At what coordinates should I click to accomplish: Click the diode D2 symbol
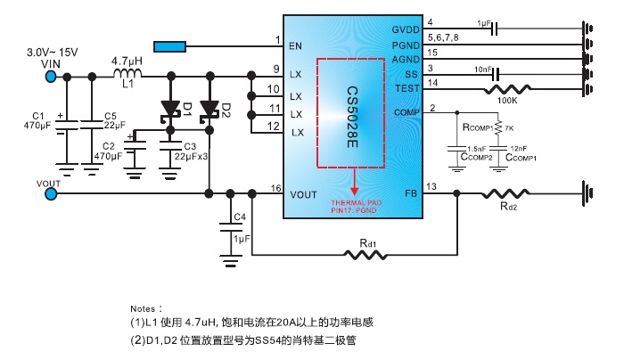[209, 110]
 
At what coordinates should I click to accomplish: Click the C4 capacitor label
[239, 217]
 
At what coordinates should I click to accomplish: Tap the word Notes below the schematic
[146, 306]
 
